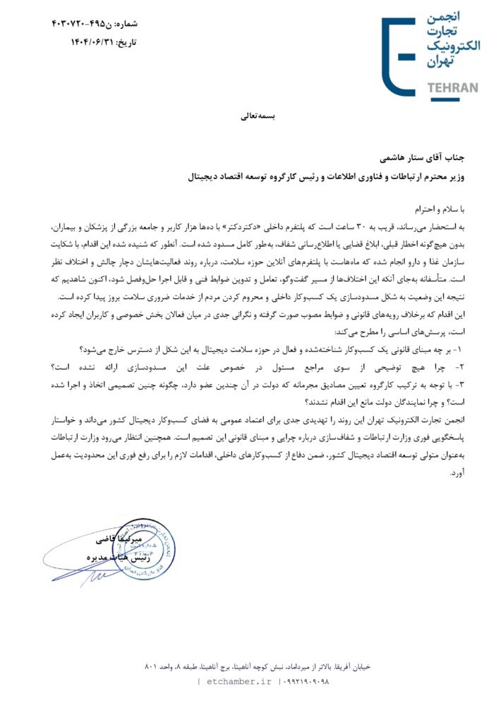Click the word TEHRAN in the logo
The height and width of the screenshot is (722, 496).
tap(453, 88)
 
